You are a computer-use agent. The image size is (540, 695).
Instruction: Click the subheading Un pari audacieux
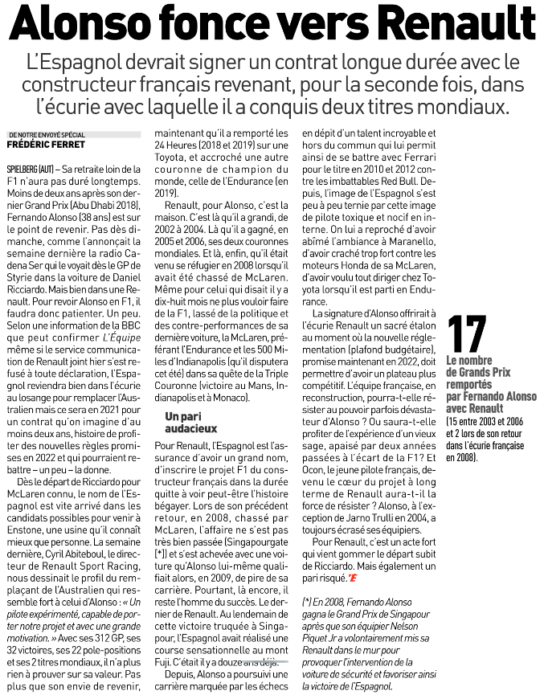(186, 423)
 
